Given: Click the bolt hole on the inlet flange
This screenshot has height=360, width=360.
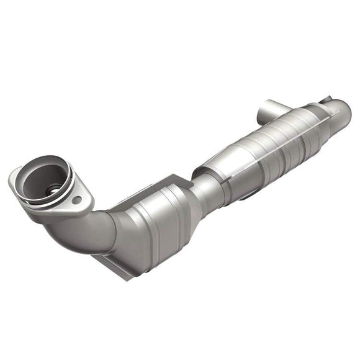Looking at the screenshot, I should pos(76,200).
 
